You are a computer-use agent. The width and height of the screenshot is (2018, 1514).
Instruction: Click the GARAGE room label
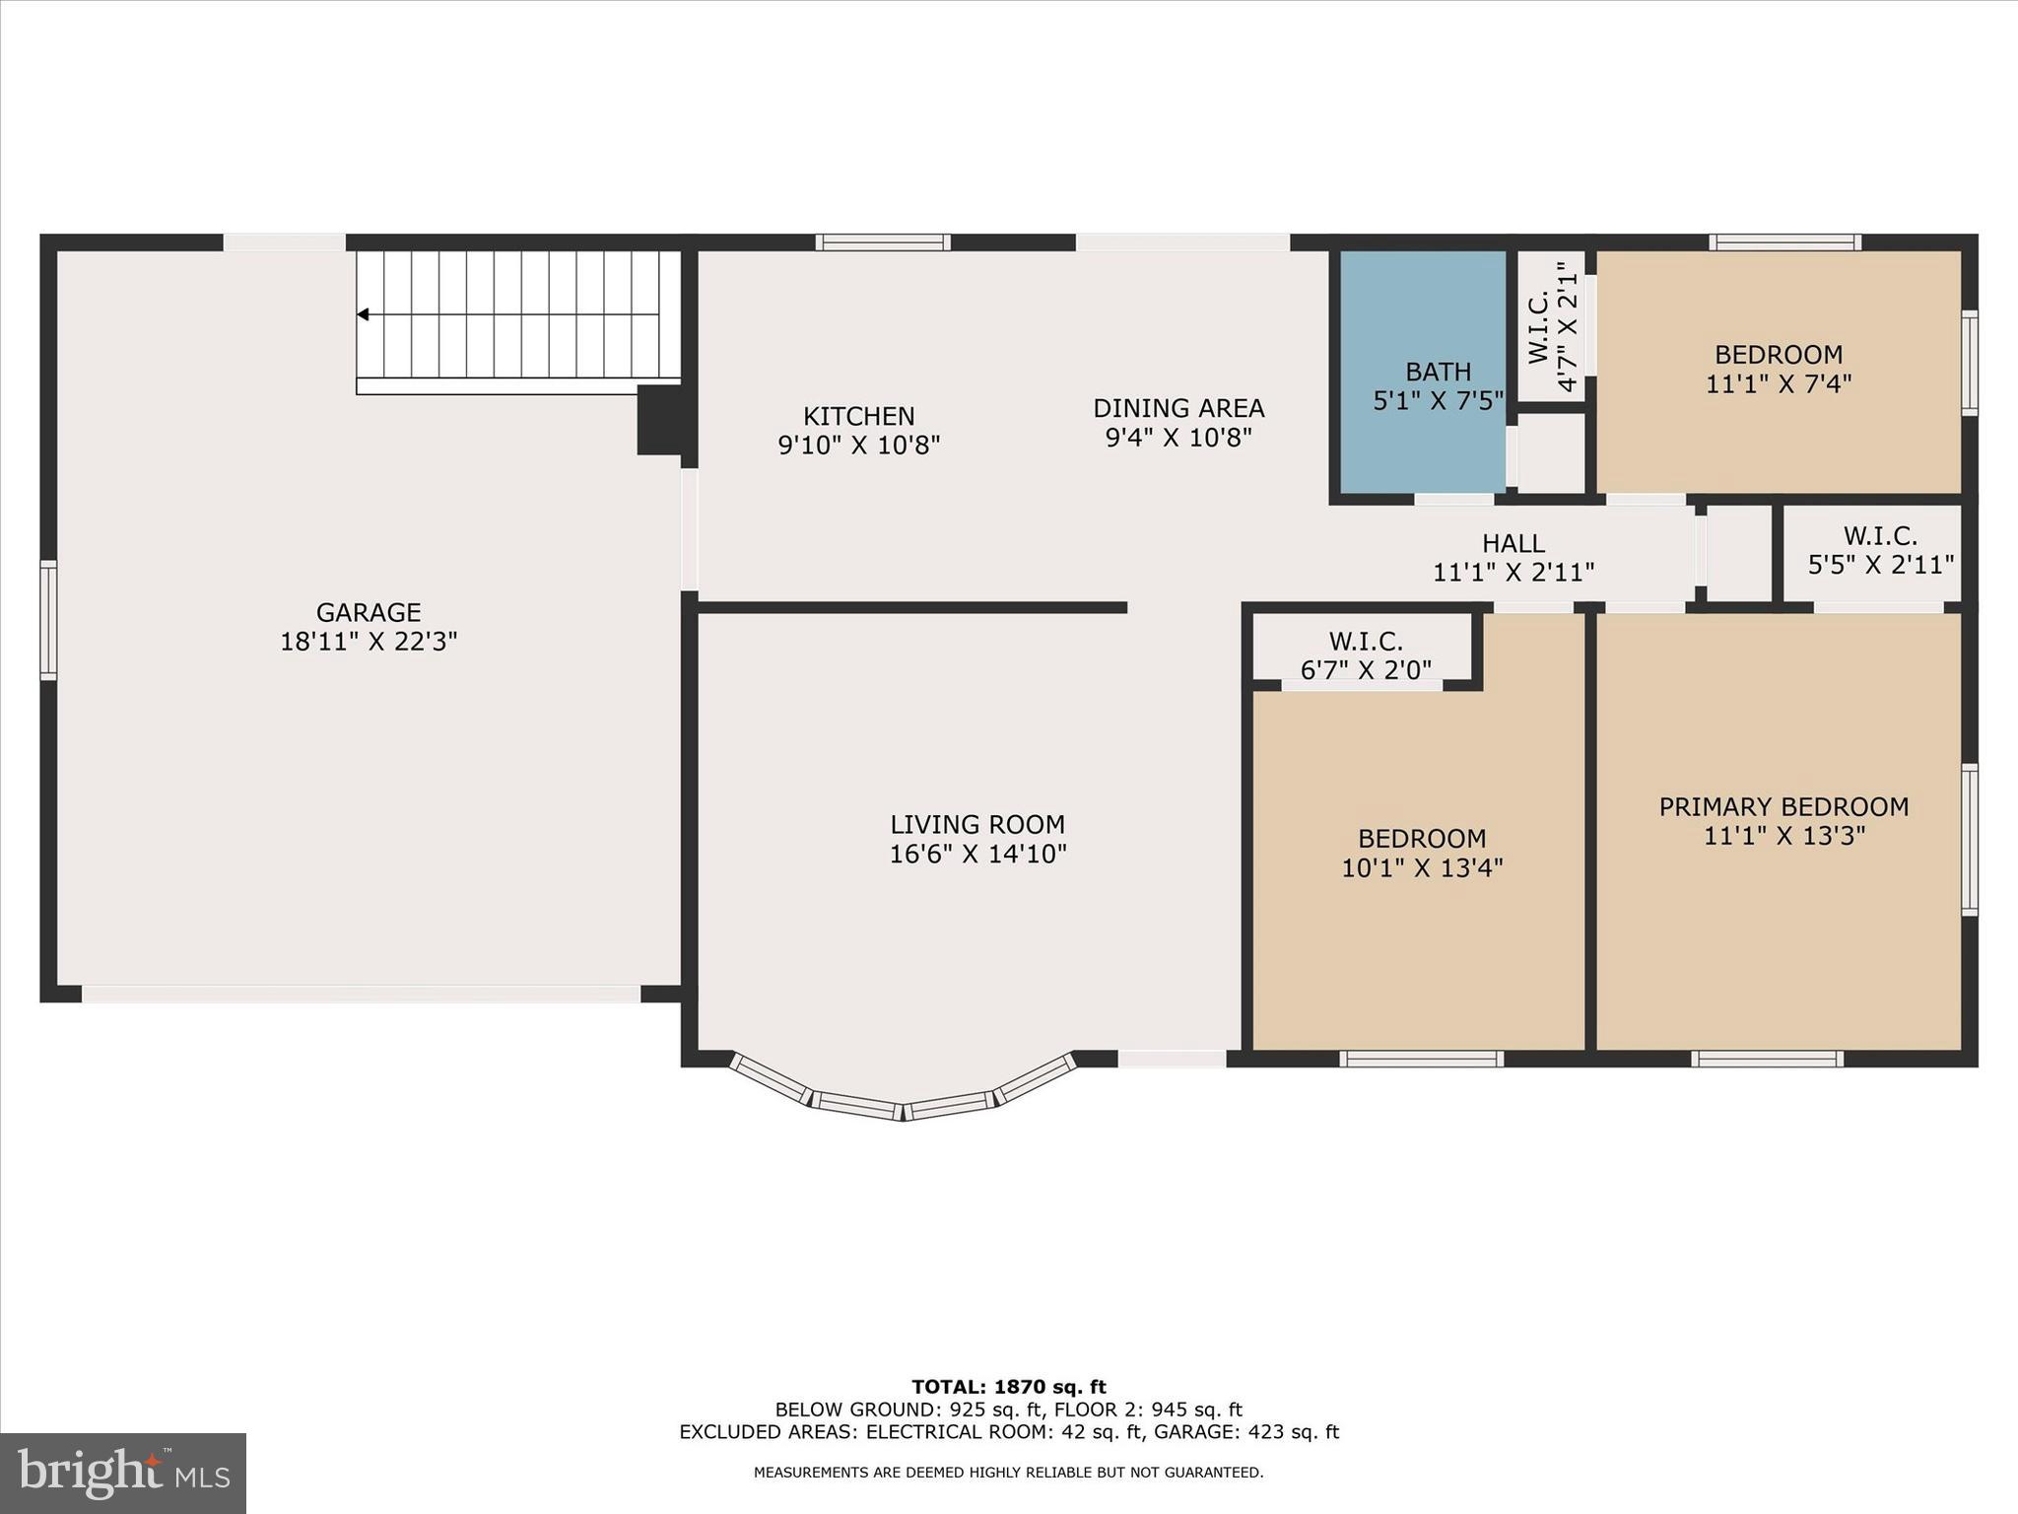point(369,612)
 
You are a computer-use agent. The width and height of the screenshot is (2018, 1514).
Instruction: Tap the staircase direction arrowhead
point(363,314)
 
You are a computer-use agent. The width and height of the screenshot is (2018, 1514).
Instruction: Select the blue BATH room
point(1422,371)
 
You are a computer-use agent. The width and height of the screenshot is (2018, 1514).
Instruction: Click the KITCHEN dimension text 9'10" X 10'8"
point(858,446)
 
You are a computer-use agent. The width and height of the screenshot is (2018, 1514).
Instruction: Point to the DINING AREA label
point(1178,408)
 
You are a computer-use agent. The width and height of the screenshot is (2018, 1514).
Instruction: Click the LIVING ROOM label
point(976,824)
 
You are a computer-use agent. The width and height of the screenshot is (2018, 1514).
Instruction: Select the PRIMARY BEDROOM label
point(1783,807)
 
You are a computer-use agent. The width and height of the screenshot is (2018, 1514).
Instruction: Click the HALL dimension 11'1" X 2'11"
point(1513,572)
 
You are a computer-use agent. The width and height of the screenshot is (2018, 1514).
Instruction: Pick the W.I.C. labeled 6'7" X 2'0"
point(1365,655)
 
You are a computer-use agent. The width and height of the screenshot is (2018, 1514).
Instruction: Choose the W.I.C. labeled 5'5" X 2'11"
point(1880,550)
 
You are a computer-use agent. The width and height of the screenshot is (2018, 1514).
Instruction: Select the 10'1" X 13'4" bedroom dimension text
point(1421,868)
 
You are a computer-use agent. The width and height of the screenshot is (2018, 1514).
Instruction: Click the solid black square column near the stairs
point(661,420)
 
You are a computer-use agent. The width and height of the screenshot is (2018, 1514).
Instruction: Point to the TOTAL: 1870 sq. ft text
point(1008,1387)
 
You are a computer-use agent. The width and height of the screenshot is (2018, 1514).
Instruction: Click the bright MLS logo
point(123,1474)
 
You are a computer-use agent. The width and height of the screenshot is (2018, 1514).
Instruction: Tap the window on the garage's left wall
point(48,620)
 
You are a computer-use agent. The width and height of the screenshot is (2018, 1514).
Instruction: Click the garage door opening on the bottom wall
point(361,994)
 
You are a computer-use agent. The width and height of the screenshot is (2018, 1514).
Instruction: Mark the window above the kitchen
point(883,242)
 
